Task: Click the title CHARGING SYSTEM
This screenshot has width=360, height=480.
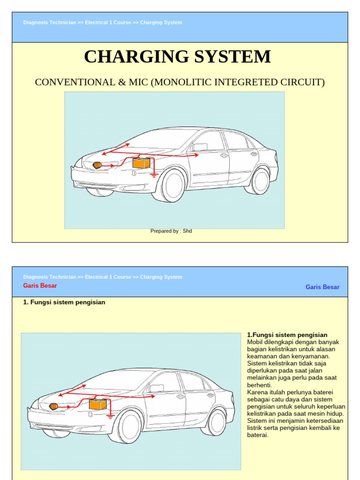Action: click(x=177, y=57)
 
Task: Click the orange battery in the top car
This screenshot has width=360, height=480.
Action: click(x=142, y=163)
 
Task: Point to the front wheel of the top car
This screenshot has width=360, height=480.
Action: click(x=173, y=185)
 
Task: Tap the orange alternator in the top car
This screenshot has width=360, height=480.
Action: click(x=97, y=165)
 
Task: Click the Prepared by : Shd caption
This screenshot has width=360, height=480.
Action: click(x=171, y=231)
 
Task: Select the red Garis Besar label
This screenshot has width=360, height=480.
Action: click(x=40, y=286)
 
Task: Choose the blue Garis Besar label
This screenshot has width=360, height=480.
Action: click(x=322, y=287)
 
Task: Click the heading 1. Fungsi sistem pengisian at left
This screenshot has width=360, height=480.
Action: click(x=64, y=302)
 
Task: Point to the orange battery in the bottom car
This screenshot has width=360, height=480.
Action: click(x=98, y=404)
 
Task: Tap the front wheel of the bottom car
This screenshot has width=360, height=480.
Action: click(x=129, y=426)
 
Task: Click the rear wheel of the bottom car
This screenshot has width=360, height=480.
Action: click(x=216, y=422)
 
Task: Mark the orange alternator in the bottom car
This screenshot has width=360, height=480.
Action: click(x=53, y=406)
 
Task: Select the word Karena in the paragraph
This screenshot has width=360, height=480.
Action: click(x=256, y=392)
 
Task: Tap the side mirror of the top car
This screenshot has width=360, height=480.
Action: click(x=201, y=147)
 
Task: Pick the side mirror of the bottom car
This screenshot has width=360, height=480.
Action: click(x=157, y=388)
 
